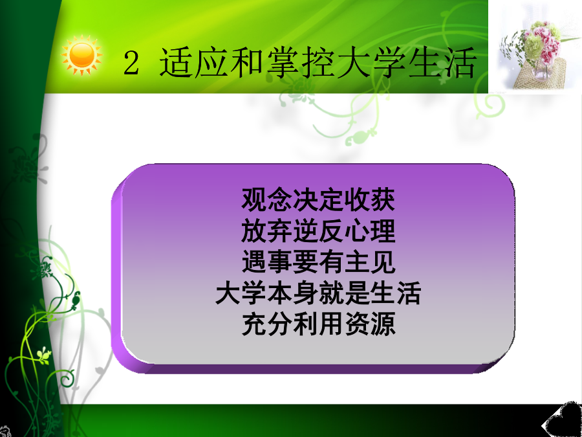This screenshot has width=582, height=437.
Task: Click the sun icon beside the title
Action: (81, 56)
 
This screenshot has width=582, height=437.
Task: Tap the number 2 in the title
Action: (131, 63)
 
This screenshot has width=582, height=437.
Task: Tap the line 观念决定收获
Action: (318, 199)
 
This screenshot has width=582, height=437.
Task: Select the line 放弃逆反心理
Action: (318, 230)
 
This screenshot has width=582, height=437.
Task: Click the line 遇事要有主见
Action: (318, 262)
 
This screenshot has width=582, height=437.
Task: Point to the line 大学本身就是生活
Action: (318, 293)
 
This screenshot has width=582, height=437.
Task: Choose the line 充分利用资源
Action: (318, 325)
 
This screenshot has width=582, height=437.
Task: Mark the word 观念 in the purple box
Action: (266, 199)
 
